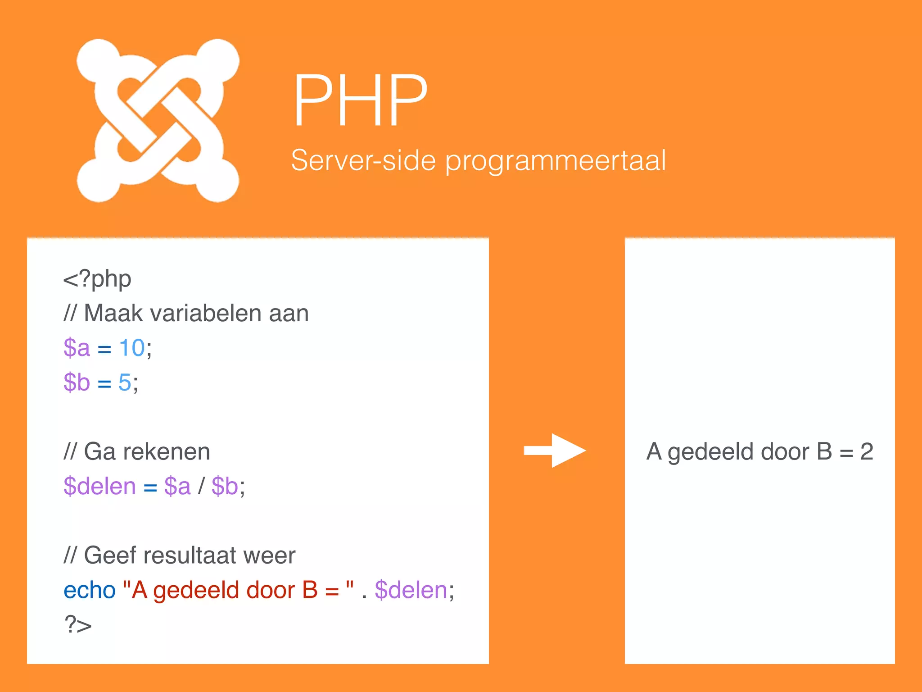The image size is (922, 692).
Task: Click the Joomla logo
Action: coord(158,120)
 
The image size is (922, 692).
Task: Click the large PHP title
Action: coord(360,101)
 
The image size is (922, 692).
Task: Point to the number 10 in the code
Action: coord(132,348)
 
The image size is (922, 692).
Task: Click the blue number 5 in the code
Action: coord(125,382)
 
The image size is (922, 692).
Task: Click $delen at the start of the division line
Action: coord(99,486)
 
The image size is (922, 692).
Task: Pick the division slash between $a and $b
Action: coord(201,486)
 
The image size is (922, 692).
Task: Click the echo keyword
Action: coord(90,590)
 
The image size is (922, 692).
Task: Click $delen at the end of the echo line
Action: coord(411,590)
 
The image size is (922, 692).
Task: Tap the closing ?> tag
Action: coord(78,625)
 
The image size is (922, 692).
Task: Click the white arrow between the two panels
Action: coord(555,451)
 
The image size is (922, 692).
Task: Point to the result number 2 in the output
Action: coord(867,451)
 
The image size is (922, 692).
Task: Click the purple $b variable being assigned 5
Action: coord(77,382)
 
